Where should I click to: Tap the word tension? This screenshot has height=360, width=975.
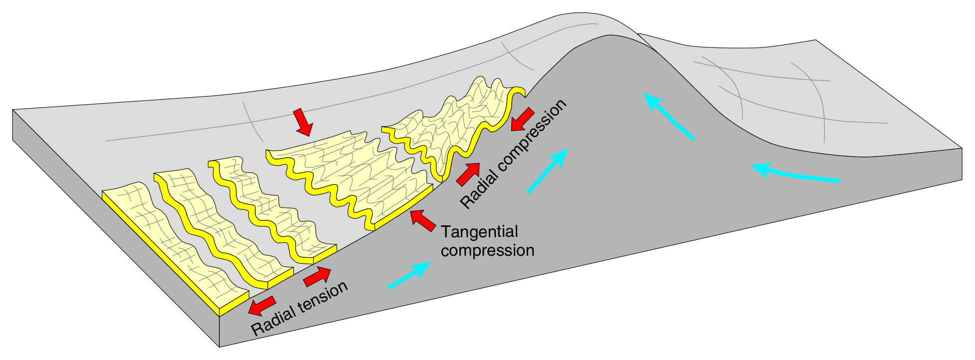(x=324, y=296)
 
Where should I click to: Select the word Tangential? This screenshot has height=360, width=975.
(x=480, y=232)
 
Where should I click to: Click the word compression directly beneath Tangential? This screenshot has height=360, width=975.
(x=487, y=250)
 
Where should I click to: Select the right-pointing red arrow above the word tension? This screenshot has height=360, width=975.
(x=317, y=276)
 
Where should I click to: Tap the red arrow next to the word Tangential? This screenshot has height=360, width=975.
(x=422, y=220)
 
